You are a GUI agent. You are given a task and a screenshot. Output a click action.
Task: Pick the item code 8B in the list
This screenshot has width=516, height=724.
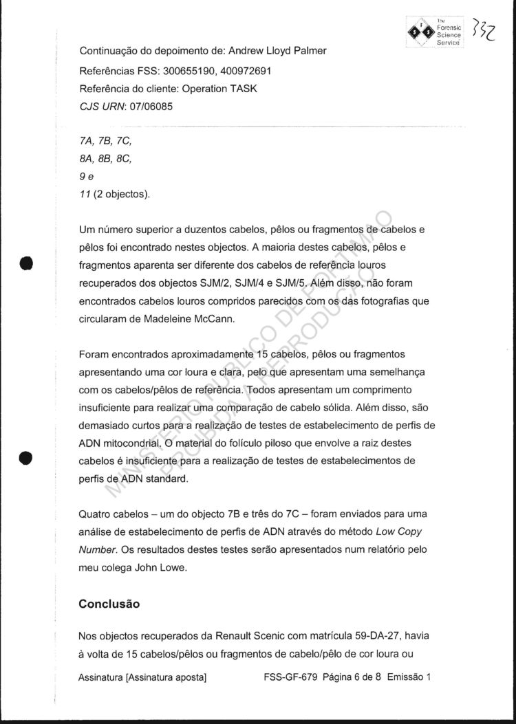(107, 158)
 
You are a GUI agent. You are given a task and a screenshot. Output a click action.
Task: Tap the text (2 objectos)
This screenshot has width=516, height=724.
(121, 194)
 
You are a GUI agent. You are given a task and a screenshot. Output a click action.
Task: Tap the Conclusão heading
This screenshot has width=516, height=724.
(109, 604)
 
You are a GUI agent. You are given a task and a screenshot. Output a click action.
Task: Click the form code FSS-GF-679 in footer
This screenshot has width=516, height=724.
(290, 677)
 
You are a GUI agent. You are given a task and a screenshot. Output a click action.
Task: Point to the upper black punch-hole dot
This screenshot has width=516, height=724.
(26, 264)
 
